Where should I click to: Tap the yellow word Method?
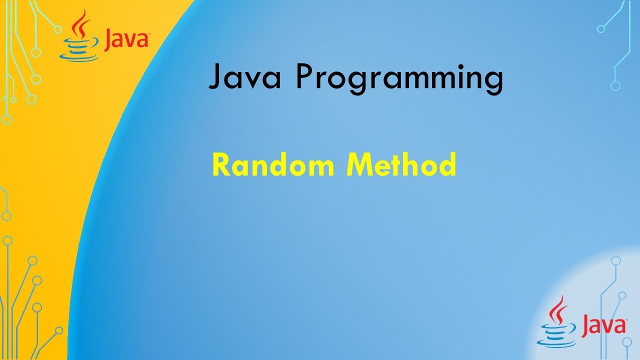tap(401, 164)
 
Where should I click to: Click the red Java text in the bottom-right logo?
tap(604, 325)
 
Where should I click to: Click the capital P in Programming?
tap(303, 77)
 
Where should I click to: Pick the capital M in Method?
tap(359, 164)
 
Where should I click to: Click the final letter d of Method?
tap(447, 164)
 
